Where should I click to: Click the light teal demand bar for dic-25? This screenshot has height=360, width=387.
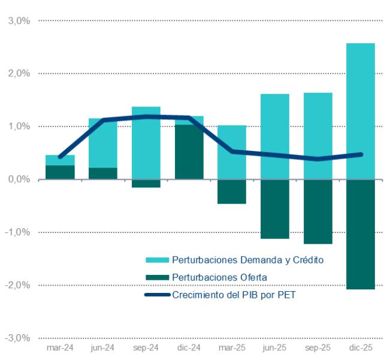[361, 111]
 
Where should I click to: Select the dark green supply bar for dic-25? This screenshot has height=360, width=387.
[361, 234]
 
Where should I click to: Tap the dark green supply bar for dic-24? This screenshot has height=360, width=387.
[189, 152]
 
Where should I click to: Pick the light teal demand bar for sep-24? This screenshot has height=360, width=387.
[146, 143]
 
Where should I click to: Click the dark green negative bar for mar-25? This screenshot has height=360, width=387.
[232, 192]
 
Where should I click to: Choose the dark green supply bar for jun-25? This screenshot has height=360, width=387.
[275, 209]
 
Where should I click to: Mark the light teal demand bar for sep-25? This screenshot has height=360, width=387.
[318, 136]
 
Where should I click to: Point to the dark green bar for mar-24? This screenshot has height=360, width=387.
[61, 173]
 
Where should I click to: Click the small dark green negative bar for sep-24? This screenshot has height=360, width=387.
[146, 183]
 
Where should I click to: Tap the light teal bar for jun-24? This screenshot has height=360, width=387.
[103, 143]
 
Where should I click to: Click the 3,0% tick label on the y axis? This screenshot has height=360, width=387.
[19, 21]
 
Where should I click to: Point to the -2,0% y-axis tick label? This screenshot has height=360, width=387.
[17, 285]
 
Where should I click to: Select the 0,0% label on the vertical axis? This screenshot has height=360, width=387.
[19, 179]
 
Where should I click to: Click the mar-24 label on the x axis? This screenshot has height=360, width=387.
[60, 347]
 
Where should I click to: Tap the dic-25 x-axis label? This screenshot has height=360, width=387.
[361, 347]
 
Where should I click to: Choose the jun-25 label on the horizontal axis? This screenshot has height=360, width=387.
[274, 347]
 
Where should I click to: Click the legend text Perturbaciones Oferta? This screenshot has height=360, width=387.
[219, 277]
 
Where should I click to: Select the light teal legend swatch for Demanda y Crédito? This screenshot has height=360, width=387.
[157, 260]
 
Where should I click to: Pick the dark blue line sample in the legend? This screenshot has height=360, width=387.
[158, 295]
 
